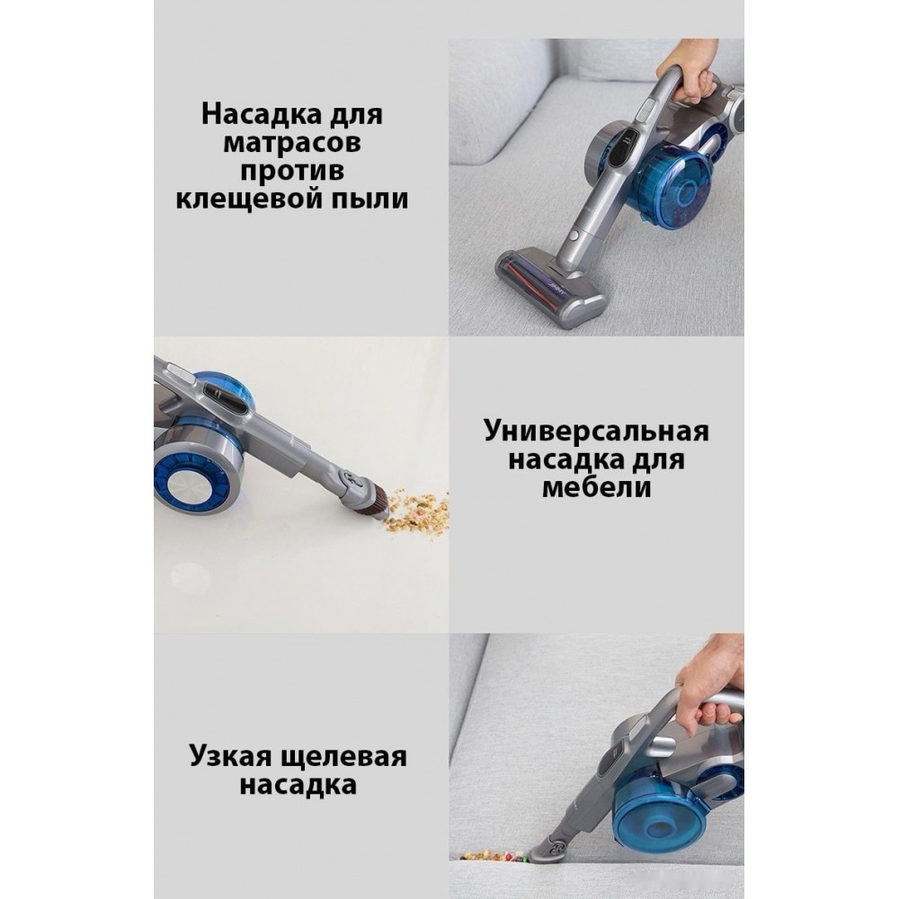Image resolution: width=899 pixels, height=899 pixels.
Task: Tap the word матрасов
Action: coord(292,142)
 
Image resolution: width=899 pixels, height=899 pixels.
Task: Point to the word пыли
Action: coord(368,200)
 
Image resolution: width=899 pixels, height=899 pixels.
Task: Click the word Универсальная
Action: coord(596,432)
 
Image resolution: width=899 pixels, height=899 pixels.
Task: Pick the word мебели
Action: coord(597,488)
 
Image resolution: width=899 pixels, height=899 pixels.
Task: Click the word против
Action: coord(292,172)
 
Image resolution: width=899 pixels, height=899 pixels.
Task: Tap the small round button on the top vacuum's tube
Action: coord(574,236)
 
